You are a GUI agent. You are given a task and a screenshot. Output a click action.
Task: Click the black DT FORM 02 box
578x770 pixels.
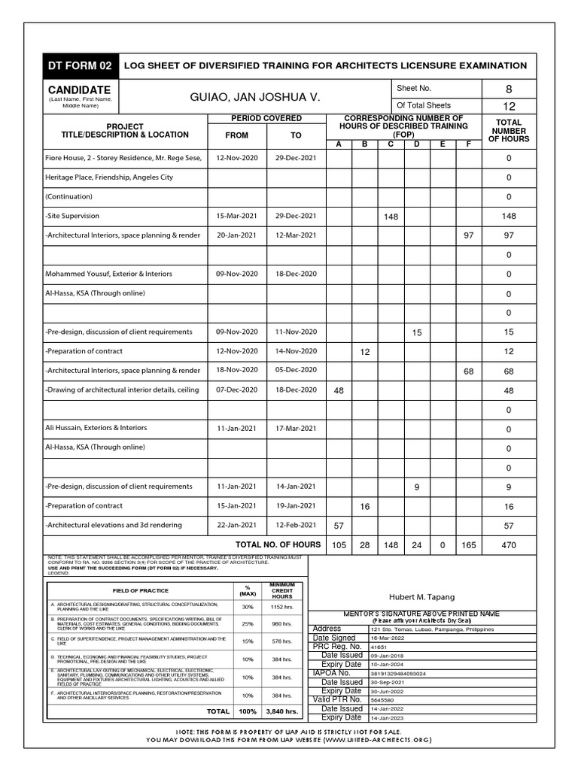(x=80, y=66)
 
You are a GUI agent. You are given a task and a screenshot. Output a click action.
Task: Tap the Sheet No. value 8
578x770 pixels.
(x=508, y=89)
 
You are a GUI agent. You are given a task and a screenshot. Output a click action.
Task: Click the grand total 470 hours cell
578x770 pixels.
(x=508, y=545)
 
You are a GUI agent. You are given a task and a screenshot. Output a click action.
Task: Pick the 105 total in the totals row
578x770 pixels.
(x=339, y=545)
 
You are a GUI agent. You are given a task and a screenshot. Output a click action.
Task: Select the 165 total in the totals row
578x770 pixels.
(x=468, y=545)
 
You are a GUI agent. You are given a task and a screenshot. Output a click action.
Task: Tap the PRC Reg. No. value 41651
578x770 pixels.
(x=379, y=647)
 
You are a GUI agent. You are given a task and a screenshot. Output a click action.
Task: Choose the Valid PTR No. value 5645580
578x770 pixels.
(x=382, y=700)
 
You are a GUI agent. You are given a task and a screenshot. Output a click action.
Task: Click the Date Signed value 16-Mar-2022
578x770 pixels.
(x=388, y=638)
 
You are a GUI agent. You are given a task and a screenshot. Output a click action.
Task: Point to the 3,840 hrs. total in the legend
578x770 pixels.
(x=282, y=711)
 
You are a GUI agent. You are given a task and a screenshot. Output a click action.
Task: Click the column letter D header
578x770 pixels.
(x=416, y=144)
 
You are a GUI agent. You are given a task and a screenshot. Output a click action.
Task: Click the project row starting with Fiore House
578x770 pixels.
(x=123, y=158)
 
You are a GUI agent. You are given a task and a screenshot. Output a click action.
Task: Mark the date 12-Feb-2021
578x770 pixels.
(x=296, y=525)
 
